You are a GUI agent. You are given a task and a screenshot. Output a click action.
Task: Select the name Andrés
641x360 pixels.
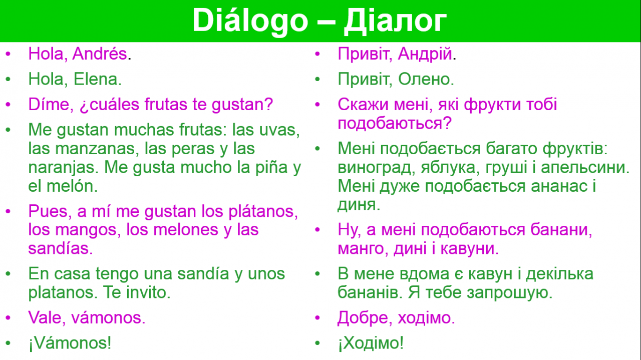point(100,54)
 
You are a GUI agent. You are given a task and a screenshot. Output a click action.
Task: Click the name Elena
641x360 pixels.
point(98,79)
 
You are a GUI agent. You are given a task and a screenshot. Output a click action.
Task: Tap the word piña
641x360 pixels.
point(271,168)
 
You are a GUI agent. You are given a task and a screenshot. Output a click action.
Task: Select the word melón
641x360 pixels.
point(72,186)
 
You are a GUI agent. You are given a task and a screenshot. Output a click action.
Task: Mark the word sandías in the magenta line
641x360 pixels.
point(61,248)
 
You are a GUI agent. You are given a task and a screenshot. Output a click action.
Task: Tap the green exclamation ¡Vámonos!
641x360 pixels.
point(70,343)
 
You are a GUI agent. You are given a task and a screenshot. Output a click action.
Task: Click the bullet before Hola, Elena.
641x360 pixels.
point(8,79)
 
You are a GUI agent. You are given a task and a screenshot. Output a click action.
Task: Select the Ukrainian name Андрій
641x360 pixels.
point(425,54)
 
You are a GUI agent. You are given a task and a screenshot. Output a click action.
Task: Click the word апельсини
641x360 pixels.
point(585,168)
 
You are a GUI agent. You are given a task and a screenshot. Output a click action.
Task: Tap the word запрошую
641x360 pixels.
point(509,293)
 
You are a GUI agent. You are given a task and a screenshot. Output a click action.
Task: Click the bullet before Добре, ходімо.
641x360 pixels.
point(317,317)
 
